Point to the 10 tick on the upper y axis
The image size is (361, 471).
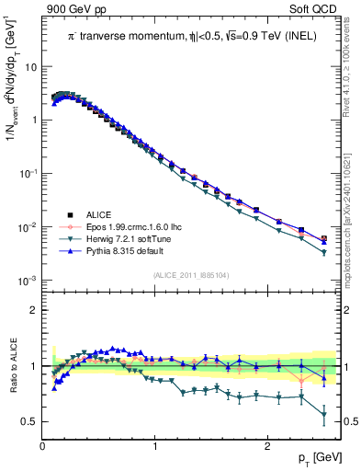(x=30, y=67)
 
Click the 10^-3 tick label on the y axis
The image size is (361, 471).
(x=28, y=280)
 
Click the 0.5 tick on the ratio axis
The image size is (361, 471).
(x=29, y=421)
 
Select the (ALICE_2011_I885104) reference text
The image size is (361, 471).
(x=191, y=275)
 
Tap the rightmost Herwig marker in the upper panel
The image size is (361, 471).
(x=323, y=252)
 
